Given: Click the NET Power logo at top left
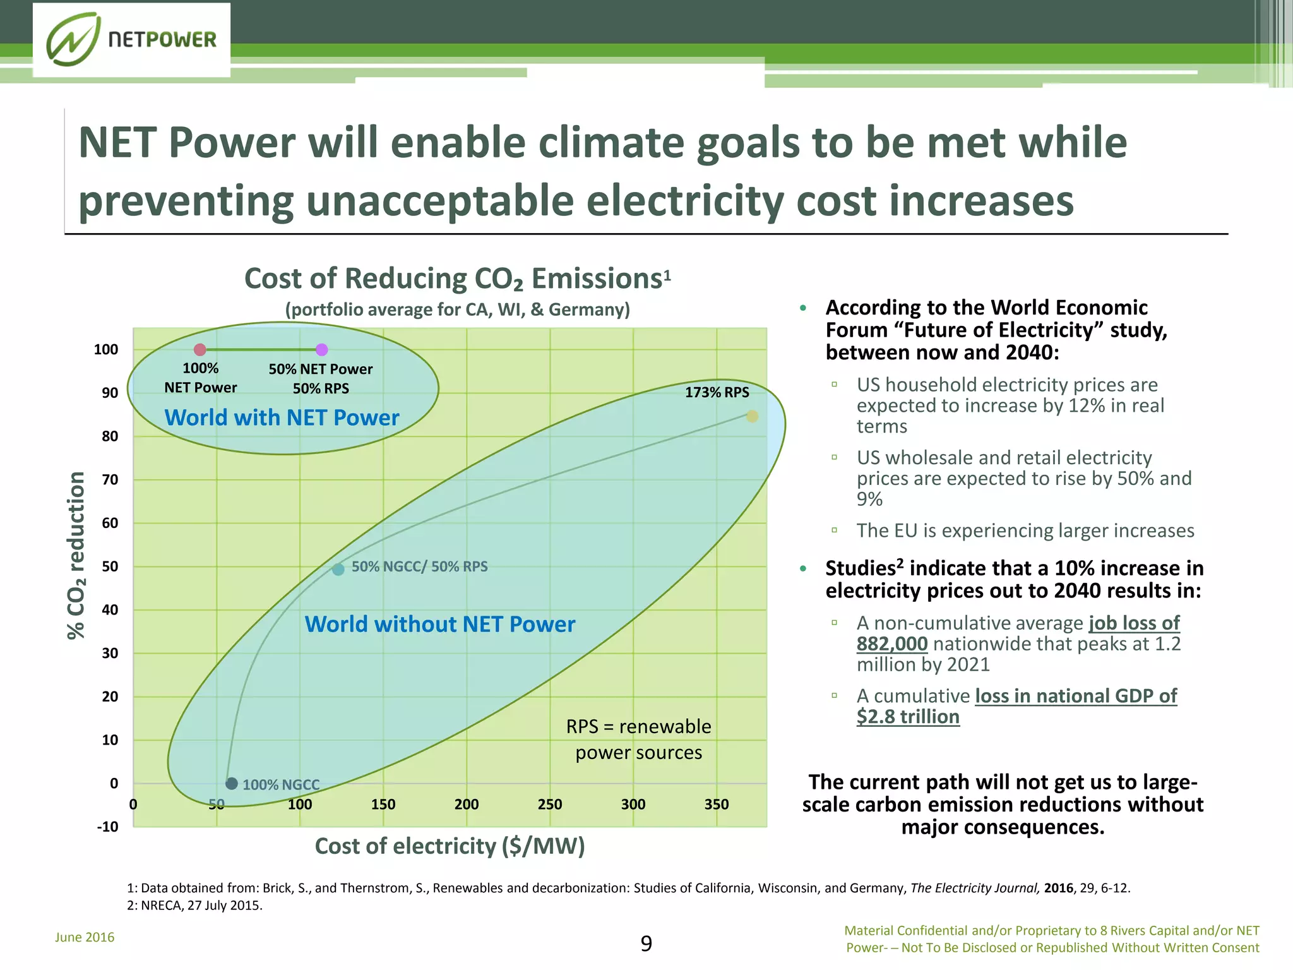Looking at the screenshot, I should pos(131,40).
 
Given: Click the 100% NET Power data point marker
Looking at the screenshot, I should pos(200,349).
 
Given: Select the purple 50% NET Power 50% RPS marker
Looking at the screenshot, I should pos(321,349).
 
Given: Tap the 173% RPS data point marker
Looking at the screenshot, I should pos(752,416).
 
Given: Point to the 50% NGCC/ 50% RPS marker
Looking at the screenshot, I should pos(338,569).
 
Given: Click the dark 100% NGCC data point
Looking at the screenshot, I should pos(232,784).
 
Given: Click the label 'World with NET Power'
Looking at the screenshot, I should pos(282,417).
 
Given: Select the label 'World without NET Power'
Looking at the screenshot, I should pos(439,624).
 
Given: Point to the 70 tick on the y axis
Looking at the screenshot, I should pos(110,480).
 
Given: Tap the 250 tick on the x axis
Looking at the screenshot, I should pos(549,805).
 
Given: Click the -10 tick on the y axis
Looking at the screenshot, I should pos(107,827).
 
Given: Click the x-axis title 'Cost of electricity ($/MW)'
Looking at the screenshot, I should pos(450,846).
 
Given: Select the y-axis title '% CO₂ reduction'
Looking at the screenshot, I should pos(76,555).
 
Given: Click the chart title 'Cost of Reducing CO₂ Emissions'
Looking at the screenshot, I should pos(457,278).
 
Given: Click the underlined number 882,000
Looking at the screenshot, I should pos(891,644).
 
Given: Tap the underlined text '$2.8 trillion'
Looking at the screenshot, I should pos(908,717).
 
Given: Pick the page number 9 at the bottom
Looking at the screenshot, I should pos(646,943).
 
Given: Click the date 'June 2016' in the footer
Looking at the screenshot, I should pos(85,937).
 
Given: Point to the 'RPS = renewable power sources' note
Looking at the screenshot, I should pos(638,739).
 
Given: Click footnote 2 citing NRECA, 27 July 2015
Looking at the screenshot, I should pos(194,906).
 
